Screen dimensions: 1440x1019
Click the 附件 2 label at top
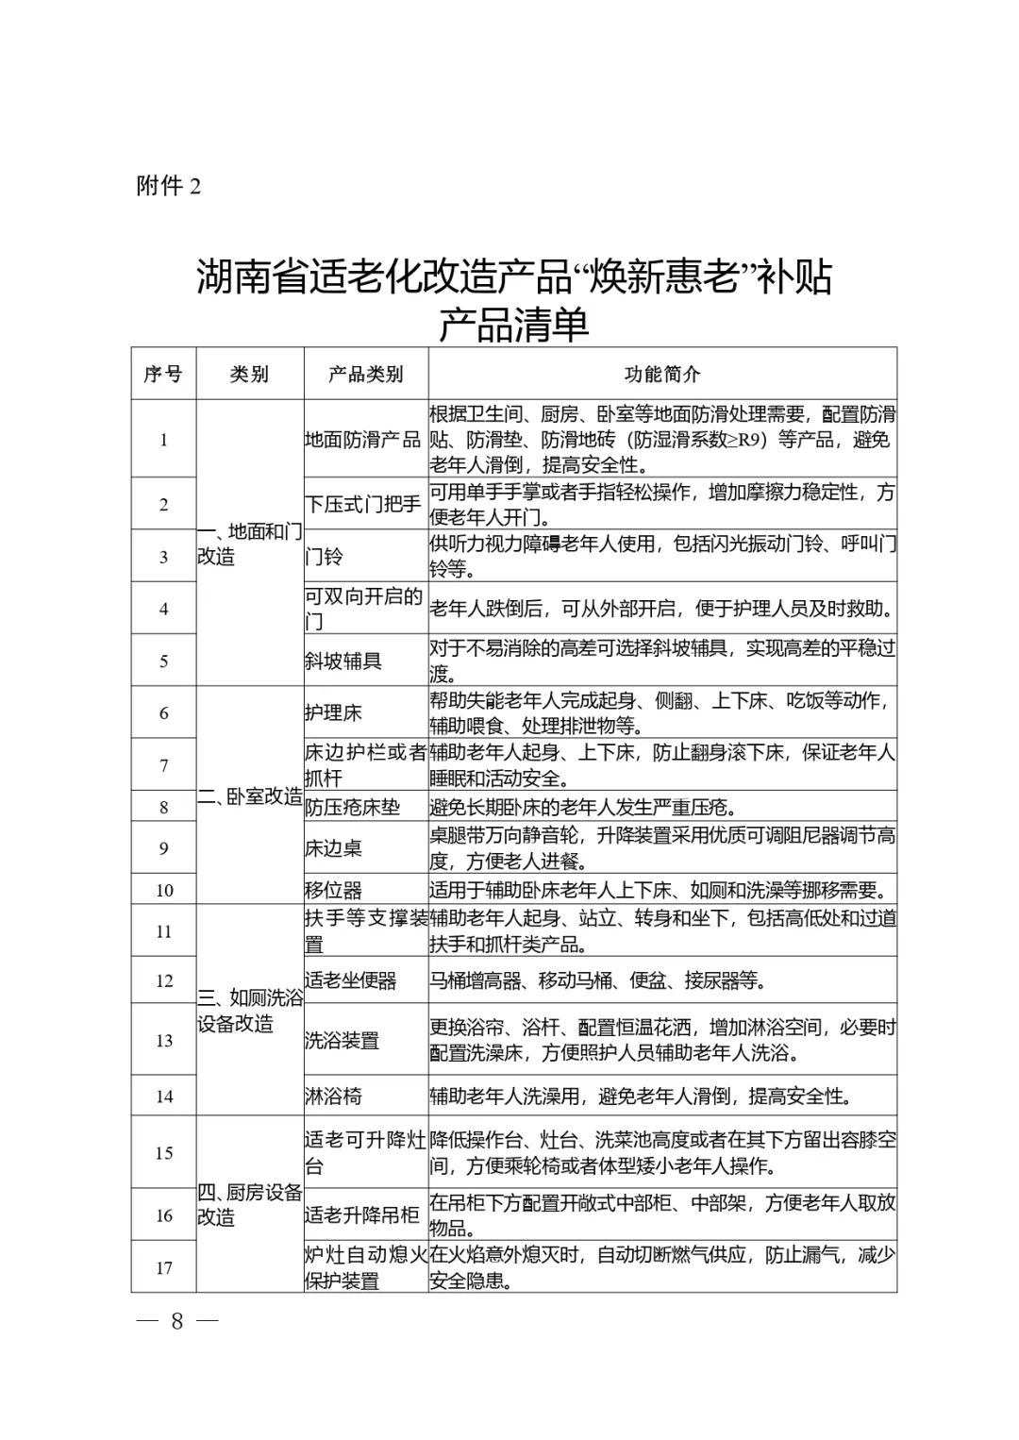coord(169,186)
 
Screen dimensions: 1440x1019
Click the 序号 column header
coord(163,374)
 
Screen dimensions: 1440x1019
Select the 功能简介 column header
coord(662,374)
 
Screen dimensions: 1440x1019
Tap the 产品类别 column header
coord(365,374)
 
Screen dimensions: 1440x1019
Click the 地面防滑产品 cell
coord(363,440)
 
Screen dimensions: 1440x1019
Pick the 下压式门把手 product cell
coord(363,504)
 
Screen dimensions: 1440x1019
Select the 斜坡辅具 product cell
coord(342,661)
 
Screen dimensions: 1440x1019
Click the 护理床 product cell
coord(333,712)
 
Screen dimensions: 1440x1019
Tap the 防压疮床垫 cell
coord(352,807)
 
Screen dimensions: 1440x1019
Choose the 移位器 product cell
coord(333,890)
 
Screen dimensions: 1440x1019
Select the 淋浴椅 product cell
coord(333,1097)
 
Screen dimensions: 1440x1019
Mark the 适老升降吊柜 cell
coord(361,1215)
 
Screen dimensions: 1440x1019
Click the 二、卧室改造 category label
coord(250,796)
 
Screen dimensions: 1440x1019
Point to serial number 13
coord(164,1040)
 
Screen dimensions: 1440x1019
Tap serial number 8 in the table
coord(164,807)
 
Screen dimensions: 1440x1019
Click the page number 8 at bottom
coord(176,1321)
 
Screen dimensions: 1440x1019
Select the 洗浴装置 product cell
coord(342,1040)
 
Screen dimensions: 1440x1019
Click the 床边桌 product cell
coord(333,848)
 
